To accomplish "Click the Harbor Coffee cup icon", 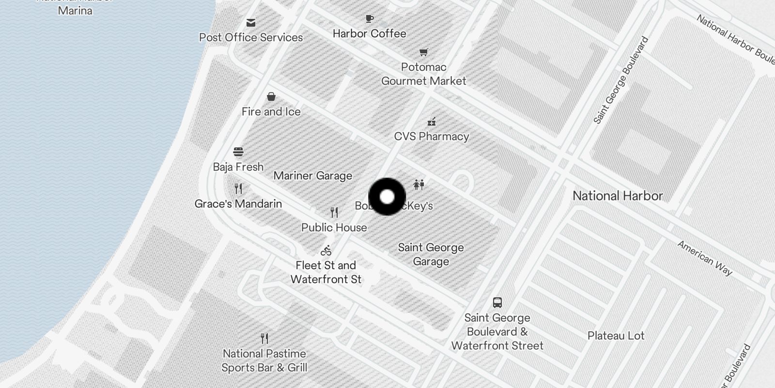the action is point(370,19).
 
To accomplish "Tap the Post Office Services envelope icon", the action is point(251,23).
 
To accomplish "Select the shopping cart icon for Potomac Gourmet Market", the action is point(424,52).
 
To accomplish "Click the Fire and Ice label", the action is point(271,112).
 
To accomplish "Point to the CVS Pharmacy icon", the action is point(432,122).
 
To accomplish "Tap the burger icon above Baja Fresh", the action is point(238,152).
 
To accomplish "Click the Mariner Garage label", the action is point(313,176).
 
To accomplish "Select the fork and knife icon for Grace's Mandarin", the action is point(238,188).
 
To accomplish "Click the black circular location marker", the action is point(387,196).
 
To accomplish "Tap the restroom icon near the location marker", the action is point(419,184).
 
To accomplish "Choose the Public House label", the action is point(334,227).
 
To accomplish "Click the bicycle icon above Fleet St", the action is point(326,251).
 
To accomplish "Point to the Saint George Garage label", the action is point(431,255).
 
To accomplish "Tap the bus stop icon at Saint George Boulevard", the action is point(497,303).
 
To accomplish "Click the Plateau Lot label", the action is point(616,336).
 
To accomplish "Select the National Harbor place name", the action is point(618,196).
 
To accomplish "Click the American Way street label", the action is point(705,258).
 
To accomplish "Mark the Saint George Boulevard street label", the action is point(621,80).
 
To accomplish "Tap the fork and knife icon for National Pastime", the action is point(264,338).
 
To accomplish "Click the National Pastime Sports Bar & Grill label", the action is point(264,360).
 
